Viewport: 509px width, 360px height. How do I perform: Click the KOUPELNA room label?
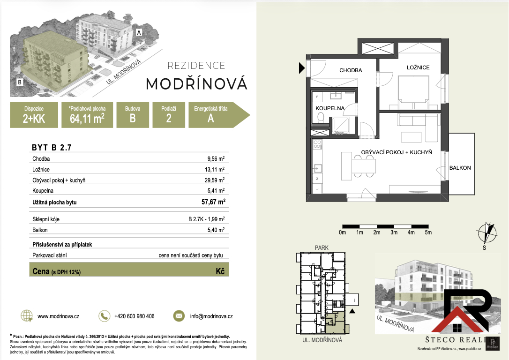coord(330,108)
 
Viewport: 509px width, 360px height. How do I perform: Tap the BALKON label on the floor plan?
coord(460,168)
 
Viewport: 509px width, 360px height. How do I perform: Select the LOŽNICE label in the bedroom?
coord(418,67)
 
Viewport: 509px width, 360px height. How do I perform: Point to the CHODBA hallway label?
coord(351,70)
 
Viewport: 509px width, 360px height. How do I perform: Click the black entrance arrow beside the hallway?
coord(301,68)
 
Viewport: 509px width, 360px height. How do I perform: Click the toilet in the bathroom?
coord(321,117)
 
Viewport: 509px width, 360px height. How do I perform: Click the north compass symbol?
coord(487,233)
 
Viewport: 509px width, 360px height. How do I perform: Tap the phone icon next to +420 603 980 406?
coord(104,316)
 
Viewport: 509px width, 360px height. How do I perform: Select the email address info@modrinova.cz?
coord(211,316)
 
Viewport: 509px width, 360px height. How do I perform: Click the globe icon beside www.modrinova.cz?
coord(27,316)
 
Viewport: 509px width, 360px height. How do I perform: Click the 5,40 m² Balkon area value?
coord(216,230)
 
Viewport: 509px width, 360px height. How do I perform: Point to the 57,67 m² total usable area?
coord(213,202)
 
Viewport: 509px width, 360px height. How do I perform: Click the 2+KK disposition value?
coord(34,119)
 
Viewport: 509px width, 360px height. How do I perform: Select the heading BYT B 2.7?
coord(52,147)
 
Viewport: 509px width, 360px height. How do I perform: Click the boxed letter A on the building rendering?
coord(139,32)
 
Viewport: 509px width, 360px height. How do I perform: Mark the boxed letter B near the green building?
coord(20,82)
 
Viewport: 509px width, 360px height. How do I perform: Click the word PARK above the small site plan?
coord(322,247)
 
